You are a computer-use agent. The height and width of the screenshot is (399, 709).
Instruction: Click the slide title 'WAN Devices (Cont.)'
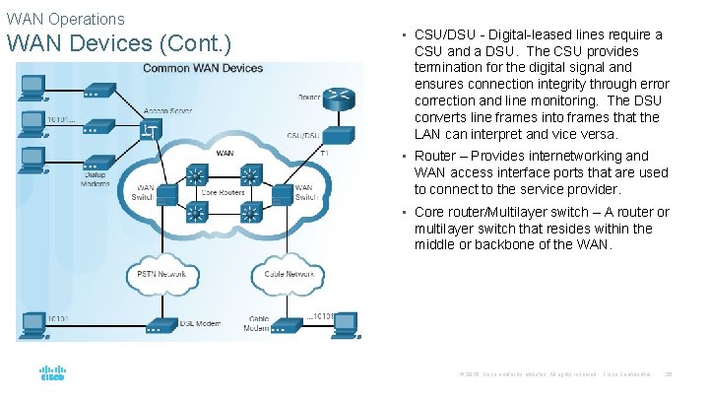tap(118, 45)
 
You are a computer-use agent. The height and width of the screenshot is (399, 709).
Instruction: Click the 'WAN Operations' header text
tap(66, 19)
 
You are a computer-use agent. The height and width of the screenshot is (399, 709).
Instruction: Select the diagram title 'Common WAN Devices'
tap(203, 68)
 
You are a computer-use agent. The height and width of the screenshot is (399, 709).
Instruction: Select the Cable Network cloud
tap(286, 273)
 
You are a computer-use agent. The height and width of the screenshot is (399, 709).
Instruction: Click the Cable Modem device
tap(289, 323)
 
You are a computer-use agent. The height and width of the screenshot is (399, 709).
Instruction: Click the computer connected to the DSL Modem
tap(32, 326)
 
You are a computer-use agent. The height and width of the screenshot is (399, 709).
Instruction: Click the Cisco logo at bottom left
tap(52, 374)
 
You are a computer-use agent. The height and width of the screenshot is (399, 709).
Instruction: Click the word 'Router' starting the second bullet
tap(434, 156)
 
